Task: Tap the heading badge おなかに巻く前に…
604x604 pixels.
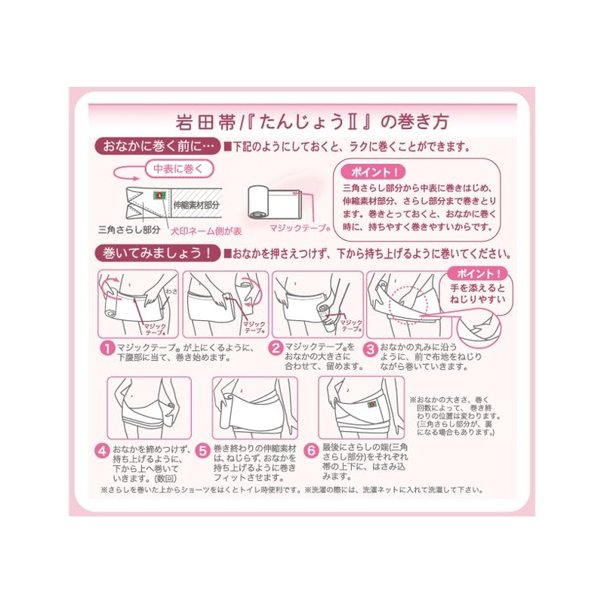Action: coord(156,146)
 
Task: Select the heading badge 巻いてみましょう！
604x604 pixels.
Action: coord(156,253)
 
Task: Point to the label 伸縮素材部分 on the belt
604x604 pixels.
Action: coord(196,205)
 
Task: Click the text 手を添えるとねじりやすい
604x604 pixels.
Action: coord(475,296)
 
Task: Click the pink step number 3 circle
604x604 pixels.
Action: coord(371,349)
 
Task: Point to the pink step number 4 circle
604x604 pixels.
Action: coord(101,451)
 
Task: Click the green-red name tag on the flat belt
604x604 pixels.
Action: coord(160,195)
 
